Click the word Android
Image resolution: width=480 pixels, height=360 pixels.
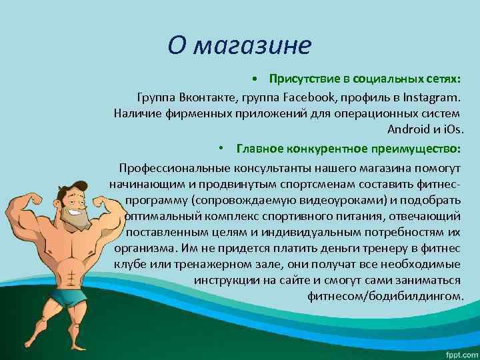(x=409, y=129)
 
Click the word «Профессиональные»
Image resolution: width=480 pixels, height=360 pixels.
(x=175, y=167)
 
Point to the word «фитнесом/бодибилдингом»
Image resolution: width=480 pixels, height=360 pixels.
(x=385, y=295)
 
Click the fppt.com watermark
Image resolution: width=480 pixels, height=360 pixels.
(x=457, y=352)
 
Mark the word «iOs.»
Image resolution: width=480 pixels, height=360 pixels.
(x=453, y=129)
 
